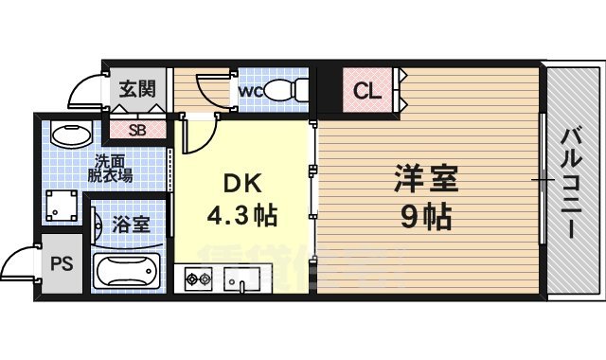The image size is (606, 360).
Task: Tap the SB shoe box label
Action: [136, 130]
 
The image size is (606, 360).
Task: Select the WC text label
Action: [249, 91]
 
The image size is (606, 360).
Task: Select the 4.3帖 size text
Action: [242, 216]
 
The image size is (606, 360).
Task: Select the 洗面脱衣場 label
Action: [112, 169]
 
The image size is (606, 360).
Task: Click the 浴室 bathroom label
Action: [129, 226]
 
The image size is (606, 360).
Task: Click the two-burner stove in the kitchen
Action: [199, 279]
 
